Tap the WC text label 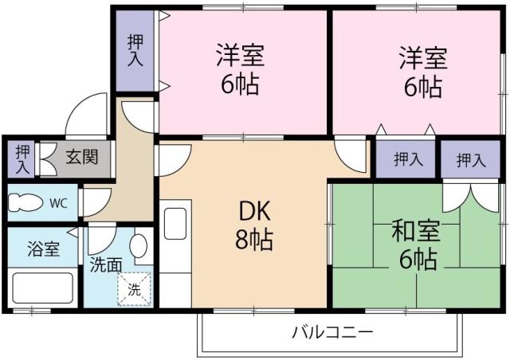pyautogui.click(x=58, y=203)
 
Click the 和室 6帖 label pyautogui.click(x=414, y=245)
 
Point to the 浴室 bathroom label pyautogui.click(x=41, y=248)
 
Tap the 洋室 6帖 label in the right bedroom pyautogui.click(x=422, y=72)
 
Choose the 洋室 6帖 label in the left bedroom pyautogui.click(x=239, y=70)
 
